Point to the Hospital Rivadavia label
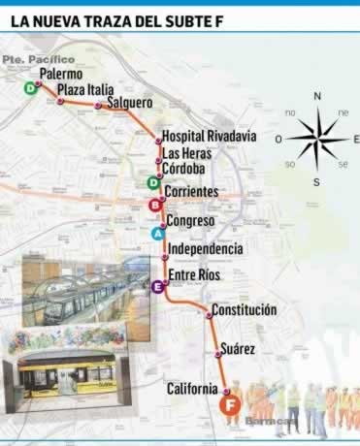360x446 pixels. pos(209,137)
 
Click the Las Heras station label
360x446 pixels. pos(184,153)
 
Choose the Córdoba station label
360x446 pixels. pos(183,169)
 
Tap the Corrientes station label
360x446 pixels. pos(191,193)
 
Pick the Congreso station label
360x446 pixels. pos(189,221)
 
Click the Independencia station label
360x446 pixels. pos(205,249)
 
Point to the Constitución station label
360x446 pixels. pos(244,310)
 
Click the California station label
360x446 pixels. pos(191,389)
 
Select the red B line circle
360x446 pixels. pos(154,205)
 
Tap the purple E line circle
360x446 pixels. pos(157,286)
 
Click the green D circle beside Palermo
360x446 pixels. pos(31,88)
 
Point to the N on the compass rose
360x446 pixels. pos(317,96)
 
